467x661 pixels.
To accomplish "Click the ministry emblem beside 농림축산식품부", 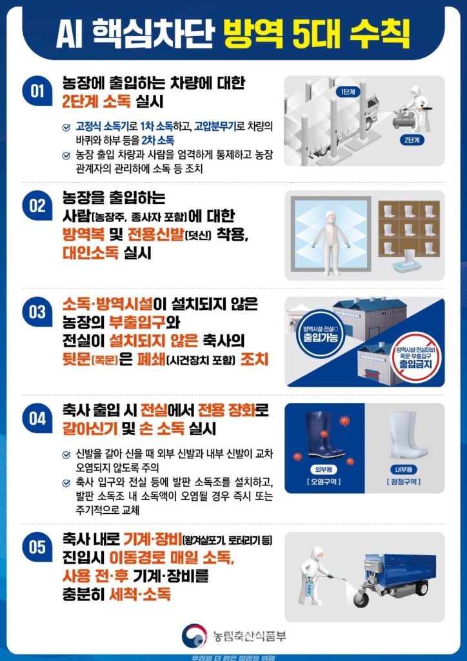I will (194, 635).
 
